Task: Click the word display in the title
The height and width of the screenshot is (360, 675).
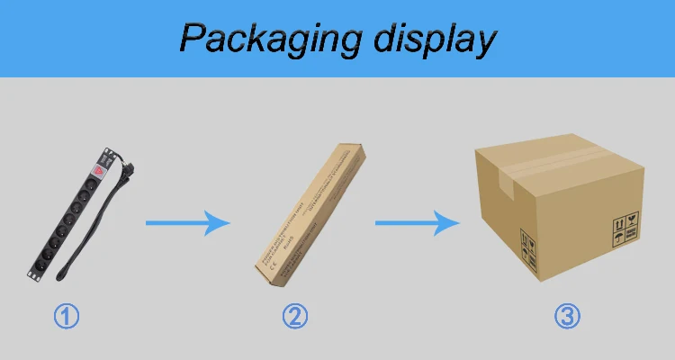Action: (x=432, y=39)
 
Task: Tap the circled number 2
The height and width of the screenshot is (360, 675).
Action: (x=296, y=316)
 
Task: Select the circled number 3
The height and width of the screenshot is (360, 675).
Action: (x=567, y=316)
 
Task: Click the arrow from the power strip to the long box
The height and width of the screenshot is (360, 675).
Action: (x=188, y=222)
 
